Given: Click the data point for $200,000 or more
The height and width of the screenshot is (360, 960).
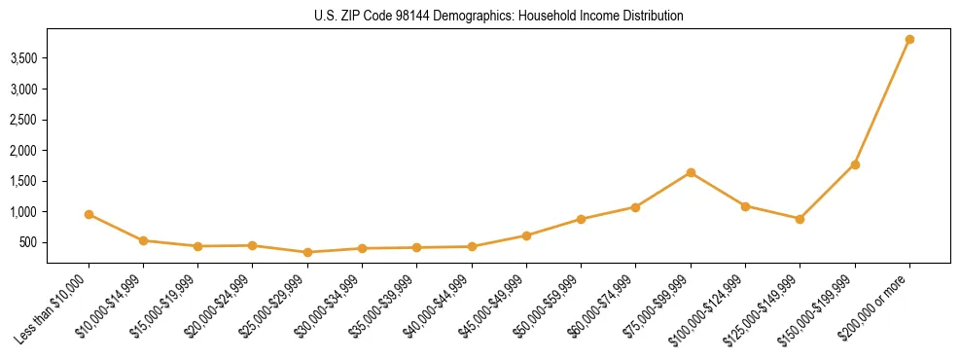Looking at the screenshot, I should coord(909,39).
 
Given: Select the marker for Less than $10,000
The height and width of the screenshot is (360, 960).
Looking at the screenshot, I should coord(89,214).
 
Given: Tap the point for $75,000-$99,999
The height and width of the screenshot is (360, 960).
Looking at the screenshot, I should coord(691,172).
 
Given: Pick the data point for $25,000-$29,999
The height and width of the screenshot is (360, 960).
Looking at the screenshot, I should coord(307,252).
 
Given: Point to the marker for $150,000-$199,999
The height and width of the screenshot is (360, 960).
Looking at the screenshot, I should coord(855,164).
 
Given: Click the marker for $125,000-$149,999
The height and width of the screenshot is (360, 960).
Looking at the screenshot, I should coord(800,219).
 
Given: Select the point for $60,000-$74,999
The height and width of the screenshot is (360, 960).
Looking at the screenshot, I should coord(635,207).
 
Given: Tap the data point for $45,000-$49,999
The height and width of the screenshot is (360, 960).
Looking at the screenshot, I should coord(526,235).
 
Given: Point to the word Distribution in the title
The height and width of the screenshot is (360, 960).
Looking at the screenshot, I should coord(650,17).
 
